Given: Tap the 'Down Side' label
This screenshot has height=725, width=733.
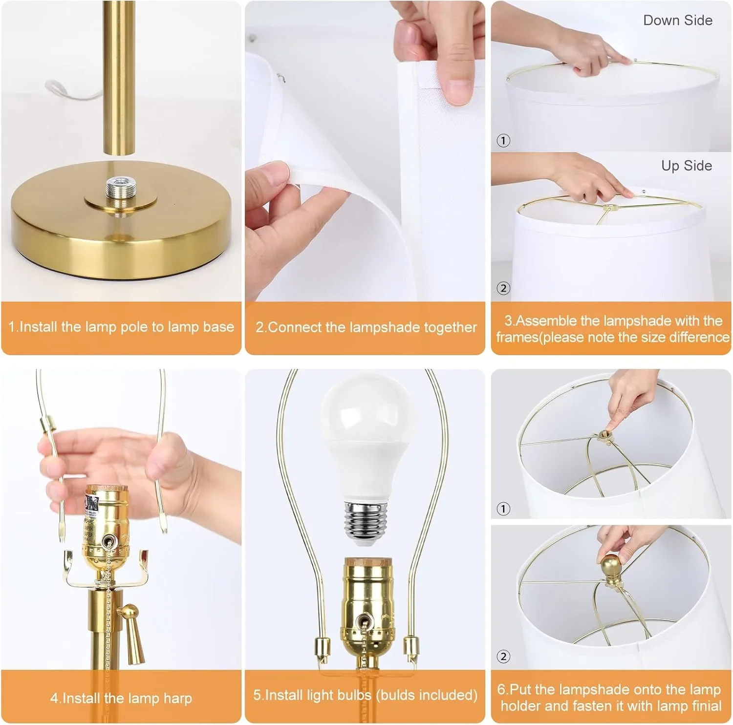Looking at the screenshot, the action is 677,21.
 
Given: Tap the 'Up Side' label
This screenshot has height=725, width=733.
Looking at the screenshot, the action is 686,166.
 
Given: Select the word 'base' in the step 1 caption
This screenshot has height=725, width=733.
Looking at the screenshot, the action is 218,327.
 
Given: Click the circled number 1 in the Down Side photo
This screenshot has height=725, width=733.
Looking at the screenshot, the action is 503,141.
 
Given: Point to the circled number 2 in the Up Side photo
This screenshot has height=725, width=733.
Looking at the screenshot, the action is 503,288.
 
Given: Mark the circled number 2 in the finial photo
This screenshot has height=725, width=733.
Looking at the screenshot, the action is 503,656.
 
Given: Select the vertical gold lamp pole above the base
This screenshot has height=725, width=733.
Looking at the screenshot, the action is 119,78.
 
